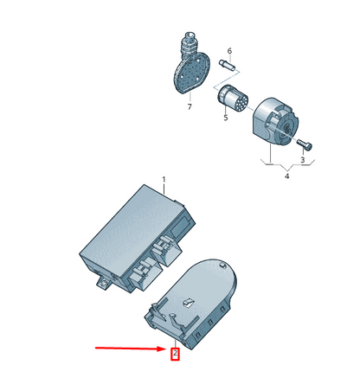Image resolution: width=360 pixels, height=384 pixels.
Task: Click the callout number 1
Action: (164, 180)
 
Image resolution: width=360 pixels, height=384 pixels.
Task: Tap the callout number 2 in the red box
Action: (175, 352)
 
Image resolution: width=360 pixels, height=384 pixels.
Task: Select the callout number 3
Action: (302, 160)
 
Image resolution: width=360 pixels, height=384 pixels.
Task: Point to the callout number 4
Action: (286, 176)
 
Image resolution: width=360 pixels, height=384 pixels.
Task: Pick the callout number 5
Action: (226, 118)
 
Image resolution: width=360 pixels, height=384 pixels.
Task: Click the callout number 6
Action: (229, 51)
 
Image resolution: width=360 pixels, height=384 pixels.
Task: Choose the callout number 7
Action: (190, 106)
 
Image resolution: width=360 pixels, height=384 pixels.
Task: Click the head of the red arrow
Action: (162, 349)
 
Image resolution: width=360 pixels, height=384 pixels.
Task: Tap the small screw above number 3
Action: (304, 144)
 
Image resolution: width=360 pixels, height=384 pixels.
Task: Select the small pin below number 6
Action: (228, 64)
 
